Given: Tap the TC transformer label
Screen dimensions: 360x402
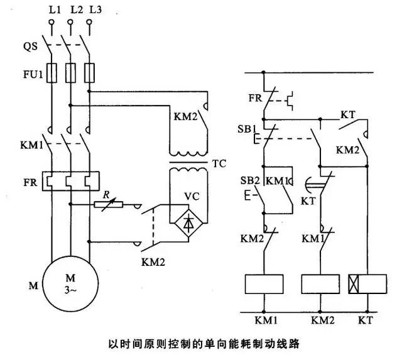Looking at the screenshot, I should (x=219, y=165).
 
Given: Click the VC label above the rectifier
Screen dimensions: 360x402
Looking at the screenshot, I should (x=192, y=196).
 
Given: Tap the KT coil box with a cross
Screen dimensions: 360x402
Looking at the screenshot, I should (x=366, y=284).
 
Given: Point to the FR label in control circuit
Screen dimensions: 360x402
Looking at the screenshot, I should (x=254, y=99).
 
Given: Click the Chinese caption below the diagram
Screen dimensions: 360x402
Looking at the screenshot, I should (x=200, y=344).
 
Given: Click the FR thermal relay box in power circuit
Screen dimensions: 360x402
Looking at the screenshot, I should (x=70, y=182).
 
